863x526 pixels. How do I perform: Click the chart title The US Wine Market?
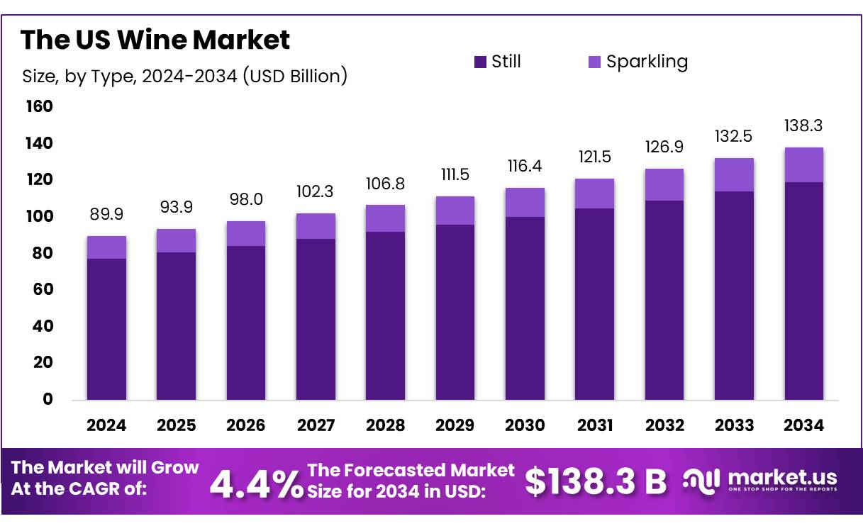point(155,40)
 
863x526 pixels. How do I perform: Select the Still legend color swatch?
point(480,62)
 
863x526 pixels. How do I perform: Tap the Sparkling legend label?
point(647,62)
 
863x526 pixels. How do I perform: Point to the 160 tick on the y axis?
point(39,106)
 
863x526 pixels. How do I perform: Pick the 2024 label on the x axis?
point(106,425)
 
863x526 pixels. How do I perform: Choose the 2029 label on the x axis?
point(455,425)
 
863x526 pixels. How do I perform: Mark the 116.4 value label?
point(525,166)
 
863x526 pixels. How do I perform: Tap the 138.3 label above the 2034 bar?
point(803,125)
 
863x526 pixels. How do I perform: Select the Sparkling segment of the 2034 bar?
point(803,165)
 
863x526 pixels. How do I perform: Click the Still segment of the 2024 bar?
point(106,329)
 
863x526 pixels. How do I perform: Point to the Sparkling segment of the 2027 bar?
point(316,226)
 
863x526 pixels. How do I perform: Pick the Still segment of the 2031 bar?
point(594,304)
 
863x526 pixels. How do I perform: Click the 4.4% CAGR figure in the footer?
point(257,484)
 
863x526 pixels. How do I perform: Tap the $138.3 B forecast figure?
point(596,482)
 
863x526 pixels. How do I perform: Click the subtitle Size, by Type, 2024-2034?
point(184,76)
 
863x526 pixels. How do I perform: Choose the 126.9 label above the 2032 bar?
point(664,147)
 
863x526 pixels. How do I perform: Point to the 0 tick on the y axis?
point(48,399)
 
